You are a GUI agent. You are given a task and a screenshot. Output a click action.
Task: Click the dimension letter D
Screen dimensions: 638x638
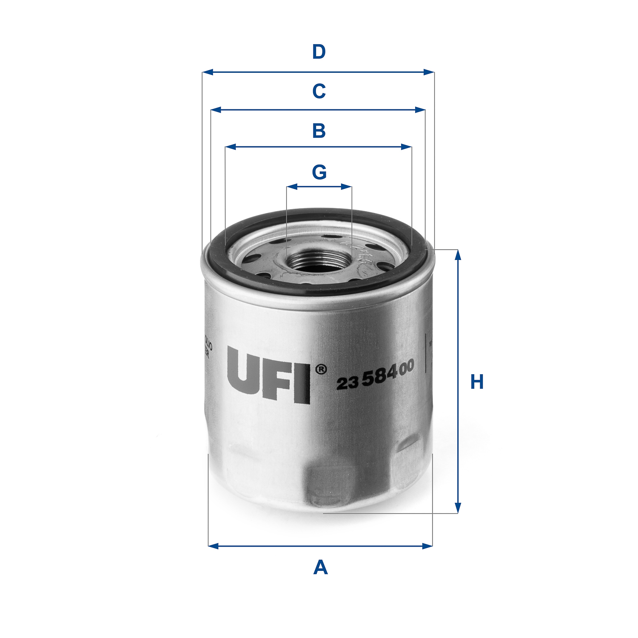319,52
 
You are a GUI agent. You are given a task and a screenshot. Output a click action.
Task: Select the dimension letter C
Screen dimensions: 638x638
319,91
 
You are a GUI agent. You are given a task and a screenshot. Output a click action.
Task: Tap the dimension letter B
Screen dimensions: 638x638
319,131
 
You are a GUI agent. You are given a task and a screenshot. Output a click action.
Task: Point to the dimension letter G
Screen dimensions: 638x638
319,172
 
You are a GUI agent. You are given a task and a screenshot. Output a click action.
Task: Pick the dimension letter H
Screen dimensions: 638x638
477,382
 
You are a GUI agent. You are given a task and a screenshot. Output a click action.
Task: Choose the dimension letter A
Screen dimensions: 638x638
320,568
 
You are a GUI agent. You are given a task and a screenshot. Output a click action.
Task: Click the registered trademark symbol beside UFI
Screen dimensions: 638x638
321,369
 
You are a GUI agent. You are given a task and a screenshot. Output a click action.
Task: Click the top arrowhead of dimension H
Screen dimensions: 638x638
458,254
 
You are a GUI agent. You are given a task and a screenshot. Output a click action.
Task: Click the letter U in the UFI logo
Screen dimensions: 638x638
244,370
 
